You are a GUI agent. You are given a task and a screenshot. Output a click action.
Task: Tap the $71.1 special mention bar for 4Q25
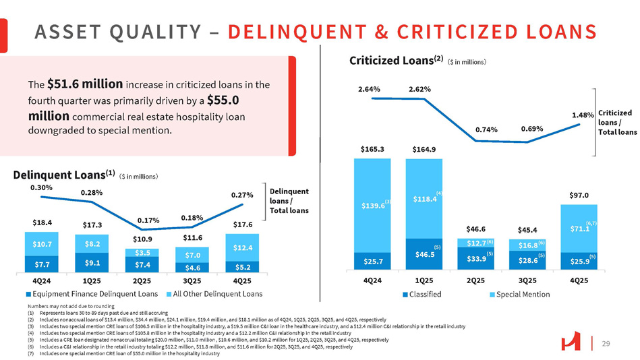click(x=578, y=229)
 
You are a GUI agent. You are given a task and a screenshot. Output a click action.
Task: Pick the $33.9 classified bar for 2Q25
click(x=475, y=258)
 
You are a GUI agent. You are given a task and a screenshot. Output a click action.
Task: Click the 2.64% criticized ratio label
click(x=370, y=88)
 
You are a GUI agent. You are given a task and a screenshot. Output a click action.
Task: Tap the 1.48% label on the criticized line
click(x=582, y=115)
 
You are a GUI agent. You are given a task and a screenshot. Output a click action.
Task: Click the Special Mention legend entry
click(x=521, y=295)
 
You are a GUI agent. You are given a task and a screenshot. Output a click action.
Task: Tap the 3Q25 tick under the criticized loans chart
click(x=527, y=279)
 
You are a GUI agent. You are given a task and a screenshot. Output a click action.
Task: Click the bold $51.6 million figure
click(x=85, y=84)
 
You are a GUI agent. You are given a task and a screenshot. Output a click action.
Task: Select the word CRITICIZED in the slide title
click(x=463, y=32)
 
